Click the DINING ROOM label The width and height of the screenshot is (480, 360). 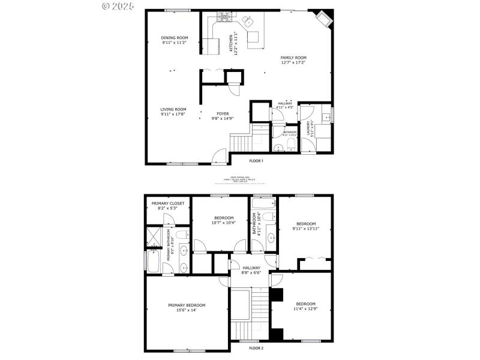(x=174, y=38)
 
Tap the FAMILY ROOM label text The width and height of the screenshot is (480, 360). (x=293, y=58)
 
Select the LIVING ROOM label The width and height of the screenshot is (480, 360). (x=173, y=109)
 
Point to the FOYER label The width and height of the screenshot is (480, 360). (x=222, y=113)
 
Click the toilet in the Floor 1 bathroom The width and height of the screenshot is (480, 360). (x=290, y=146)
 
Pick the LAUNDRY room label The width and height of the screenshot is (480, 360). (x=310, y=129)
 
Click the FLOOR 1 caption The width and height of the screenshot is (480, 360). (x=256, y=160)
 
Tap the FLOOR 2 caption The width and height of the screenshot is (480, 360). (x=256, y=348)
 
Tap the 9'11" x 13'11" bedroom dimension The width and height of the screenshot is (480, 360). (x=306, y=229)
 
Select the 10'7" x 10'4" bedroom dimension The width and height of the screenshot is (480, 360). (x=220, y=223)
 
